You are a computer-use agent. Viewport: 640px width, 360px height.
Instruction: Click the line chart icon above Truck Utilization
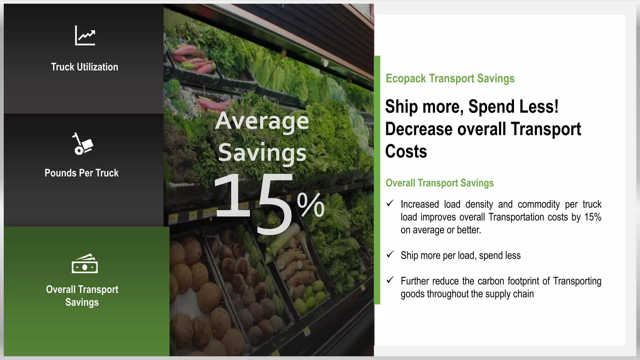tap(85, 35)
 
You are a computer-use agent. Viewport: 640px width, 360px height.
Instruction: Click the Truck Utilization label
tap(85, 67)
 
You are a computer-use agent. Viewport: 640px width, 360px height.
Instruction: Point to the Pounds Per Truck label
tap(82, 173)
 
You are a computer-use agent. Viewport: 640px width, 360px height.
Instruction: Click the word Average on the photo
tap(262, 121)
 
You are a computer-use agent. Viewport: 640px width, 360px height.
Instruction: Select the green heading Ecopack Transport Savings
tap(450, 78)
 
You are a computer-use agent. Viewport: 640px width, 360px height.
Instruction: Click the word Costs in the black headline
tap(406, 152)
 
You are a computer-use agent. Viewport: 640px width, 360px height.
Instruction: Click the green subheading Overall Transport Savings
tap(440, 183)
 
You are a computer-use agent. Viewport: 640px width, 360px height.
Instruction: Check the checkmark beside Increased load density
tap(390, 203)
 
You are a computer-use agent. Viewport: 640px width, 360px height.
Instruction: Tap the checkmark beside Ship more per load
tap(390, 255)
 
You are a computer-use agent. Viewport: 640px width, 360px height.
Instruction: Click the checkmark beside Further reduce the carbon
tap(390, 280)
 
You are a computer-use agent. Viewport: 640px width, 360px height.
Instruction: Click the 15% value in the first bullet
tap(593, 217)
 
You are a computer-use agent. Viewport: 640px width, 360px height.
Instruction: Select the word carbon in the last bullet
tap(492, 281)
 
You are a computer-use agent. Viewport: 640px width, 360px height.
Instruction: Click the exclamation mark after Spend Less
tap(556, 107)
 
